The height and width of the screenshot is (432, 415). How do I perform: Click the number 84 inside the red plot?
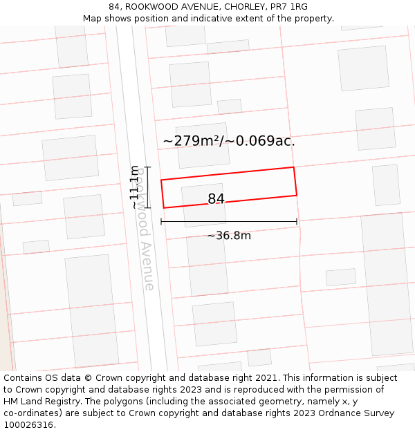216,199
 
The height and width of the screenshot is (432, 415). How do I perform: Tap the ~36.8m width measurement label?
229,236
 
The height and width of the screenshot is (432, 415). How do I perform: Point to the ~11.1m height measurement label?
134,187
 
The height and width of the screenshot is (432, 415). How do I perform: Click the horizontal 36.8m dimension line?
229,222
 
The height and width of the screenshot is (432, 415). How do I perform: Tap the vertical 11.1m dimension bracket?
147,187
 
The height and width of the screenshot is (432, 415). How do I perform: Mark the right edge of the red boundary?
295,181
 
